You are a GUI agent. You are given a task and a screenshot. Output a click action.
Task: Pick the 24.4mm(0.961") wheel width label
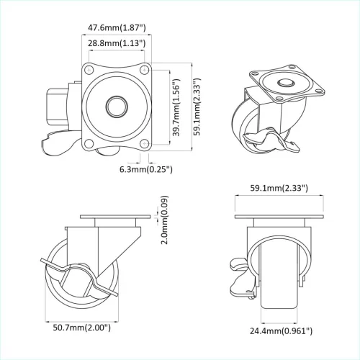pyautogui.click(x=279, y=330)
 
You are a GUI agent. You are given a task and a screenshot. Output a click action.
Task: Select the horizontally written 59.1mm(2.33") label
pyautogui.click(x=279, y=188)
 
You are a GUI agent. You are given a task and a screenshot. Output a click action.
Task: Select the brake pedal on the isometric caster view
pyautogui.click(x=274, y=143)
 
